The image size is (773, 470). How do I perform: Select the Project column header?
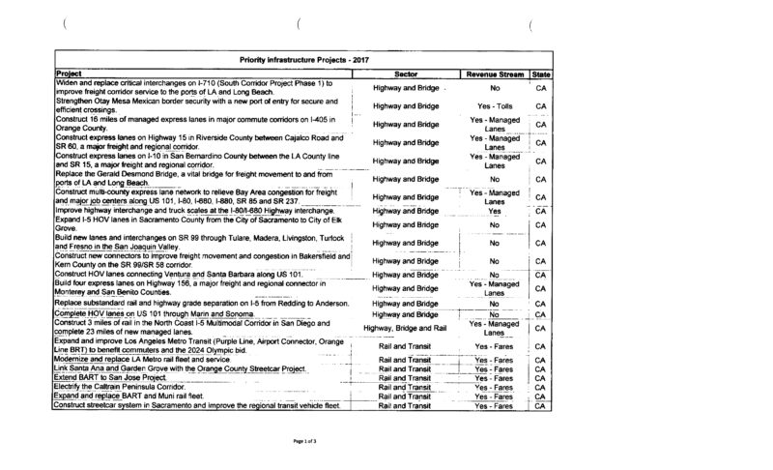coord(69,73)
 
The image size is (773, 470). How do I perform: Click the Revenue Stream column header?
coord(494,73)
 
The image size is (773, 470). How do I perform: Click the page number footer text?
coord(305,440)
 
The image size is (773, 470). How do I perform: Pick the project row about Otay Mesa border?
coord(193,104)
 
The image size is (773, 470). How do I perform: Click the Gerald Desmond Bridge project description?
coord(193,179)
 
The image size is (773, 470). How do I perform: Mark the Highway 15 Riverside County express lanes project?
coord(193,142)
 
